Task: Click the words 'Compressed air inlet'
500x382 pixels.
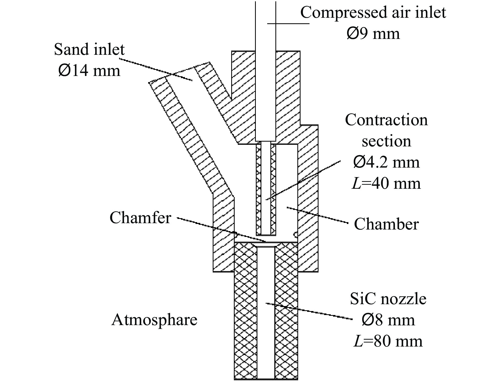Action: [x=373, y=12]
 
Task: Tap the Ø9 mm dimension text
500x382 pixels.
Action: [x=373, y=34]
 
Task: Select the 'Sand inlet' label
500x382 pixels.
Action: [x=89, y=49]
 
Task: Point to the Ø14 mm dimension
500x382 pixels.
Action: [x=89, y=71]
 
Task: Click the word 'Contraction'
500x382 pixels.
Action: [x=386, y=120]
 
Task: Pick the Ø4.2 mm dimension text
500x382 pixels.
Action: [x=386, y=162]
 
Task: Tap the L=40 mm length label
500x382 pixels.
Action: [x=386, y=183]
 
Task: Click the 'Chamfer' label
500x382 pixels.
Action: [x=140, y=218]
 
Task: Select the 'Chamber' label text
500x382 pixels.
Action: [x=386, y=224]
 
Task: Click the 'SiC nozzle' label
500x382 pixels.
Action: [x=388, y=299]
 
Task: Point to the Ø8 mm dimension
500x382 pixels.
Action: [x=388, y=320]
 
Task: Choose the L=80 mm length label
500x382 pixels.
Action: [x=388, y=341]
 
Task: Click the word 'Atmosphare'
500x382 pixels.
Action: [x=154, y=320]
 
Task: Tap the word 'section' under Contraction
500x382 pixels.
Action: [x=386, y=141]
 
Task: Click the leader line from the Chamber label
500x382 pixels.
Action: [x=317, y=216]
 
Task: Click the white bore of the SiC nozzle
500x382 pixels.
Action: [x=266, y=331]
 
